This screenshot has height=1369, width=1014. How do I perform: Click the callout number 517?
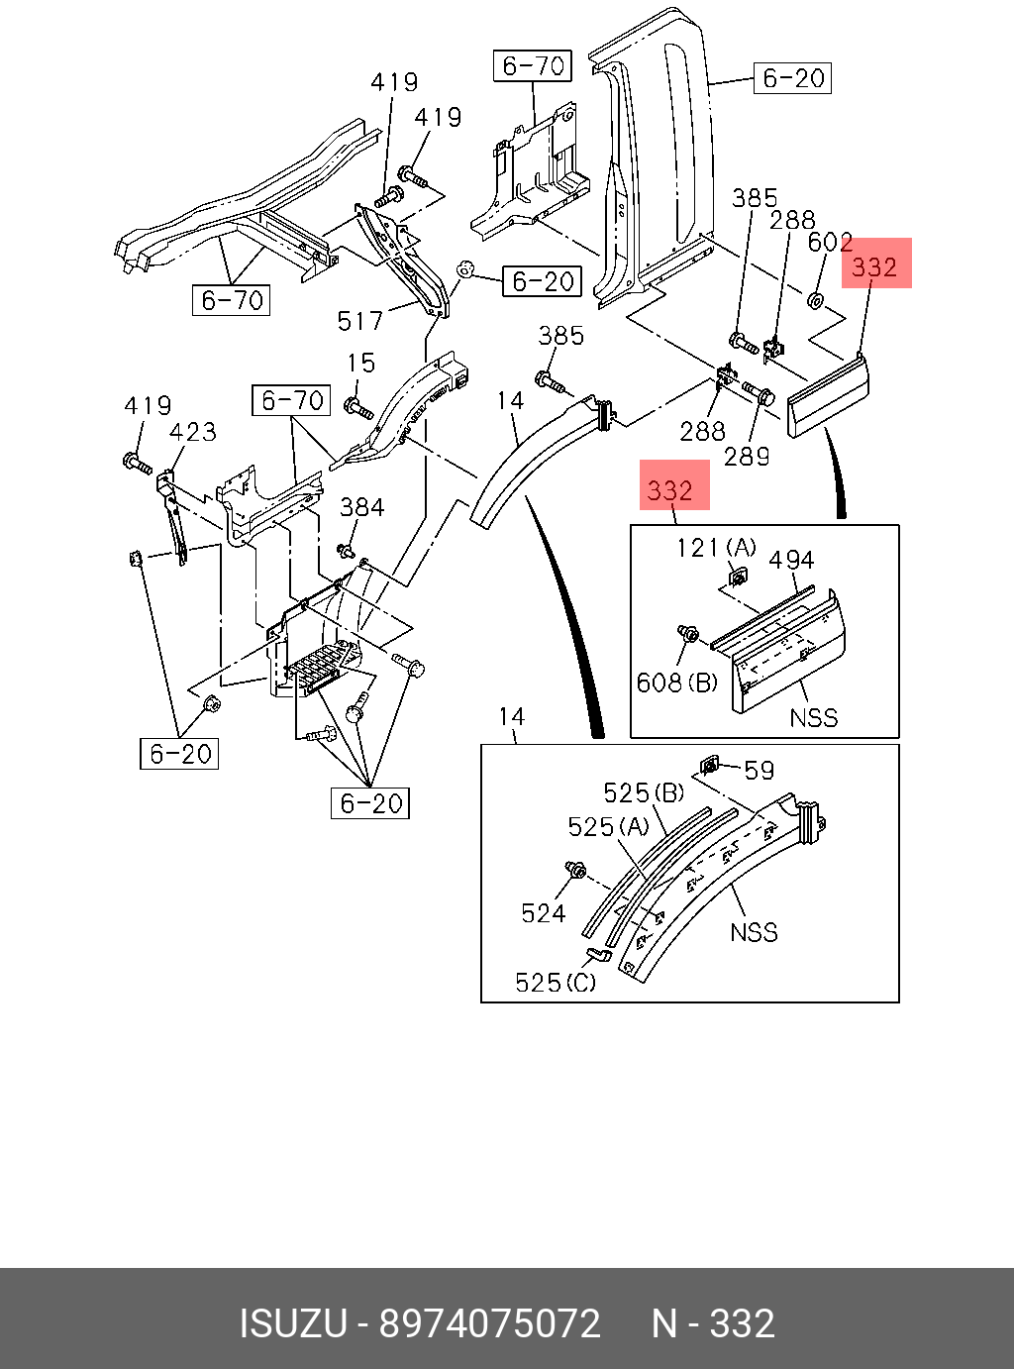click(360, 321)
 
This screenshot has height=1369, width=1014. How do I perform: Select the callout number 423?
click(192, 432)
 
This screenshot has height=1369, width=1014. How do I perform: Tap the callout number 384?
click(362, 507)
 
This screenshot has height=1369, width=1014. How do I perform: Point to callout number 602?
click(830, 243)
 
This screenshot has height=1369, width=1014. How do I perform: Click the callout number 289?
click(747, 457)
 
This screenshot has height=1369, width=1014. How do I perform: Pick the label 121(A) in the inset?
click(716, 548)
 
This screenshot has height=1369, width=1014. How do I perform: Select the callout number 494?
click(792, 560)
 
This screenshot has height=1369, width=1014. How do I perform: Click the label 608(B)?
click(677, 683)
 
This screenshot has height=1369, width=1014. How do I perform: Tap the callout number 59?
click(760, 771)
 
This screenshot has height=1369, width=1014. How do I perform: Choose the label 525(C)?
click(556, 983)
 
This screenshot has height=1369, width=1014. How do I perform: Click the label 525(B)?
click(644, 792)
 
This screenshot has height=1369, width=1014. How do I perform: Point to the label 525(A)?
click(608, 827)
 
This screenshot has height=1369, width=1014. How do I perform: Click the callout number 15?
click(361, 363)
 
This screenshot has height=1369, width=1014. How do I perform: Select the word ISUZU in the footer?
click(293, 1324)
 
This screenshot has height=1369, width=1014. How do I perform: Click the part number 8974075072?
click(489, 1324)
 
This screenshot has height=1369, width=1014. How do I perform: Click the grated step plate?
click(320, 668)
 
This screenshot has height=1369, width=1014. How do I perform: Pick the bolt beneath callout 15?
click(359, 408)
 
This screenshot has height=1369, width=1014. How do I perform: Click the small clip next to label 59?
click(710, 767)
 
